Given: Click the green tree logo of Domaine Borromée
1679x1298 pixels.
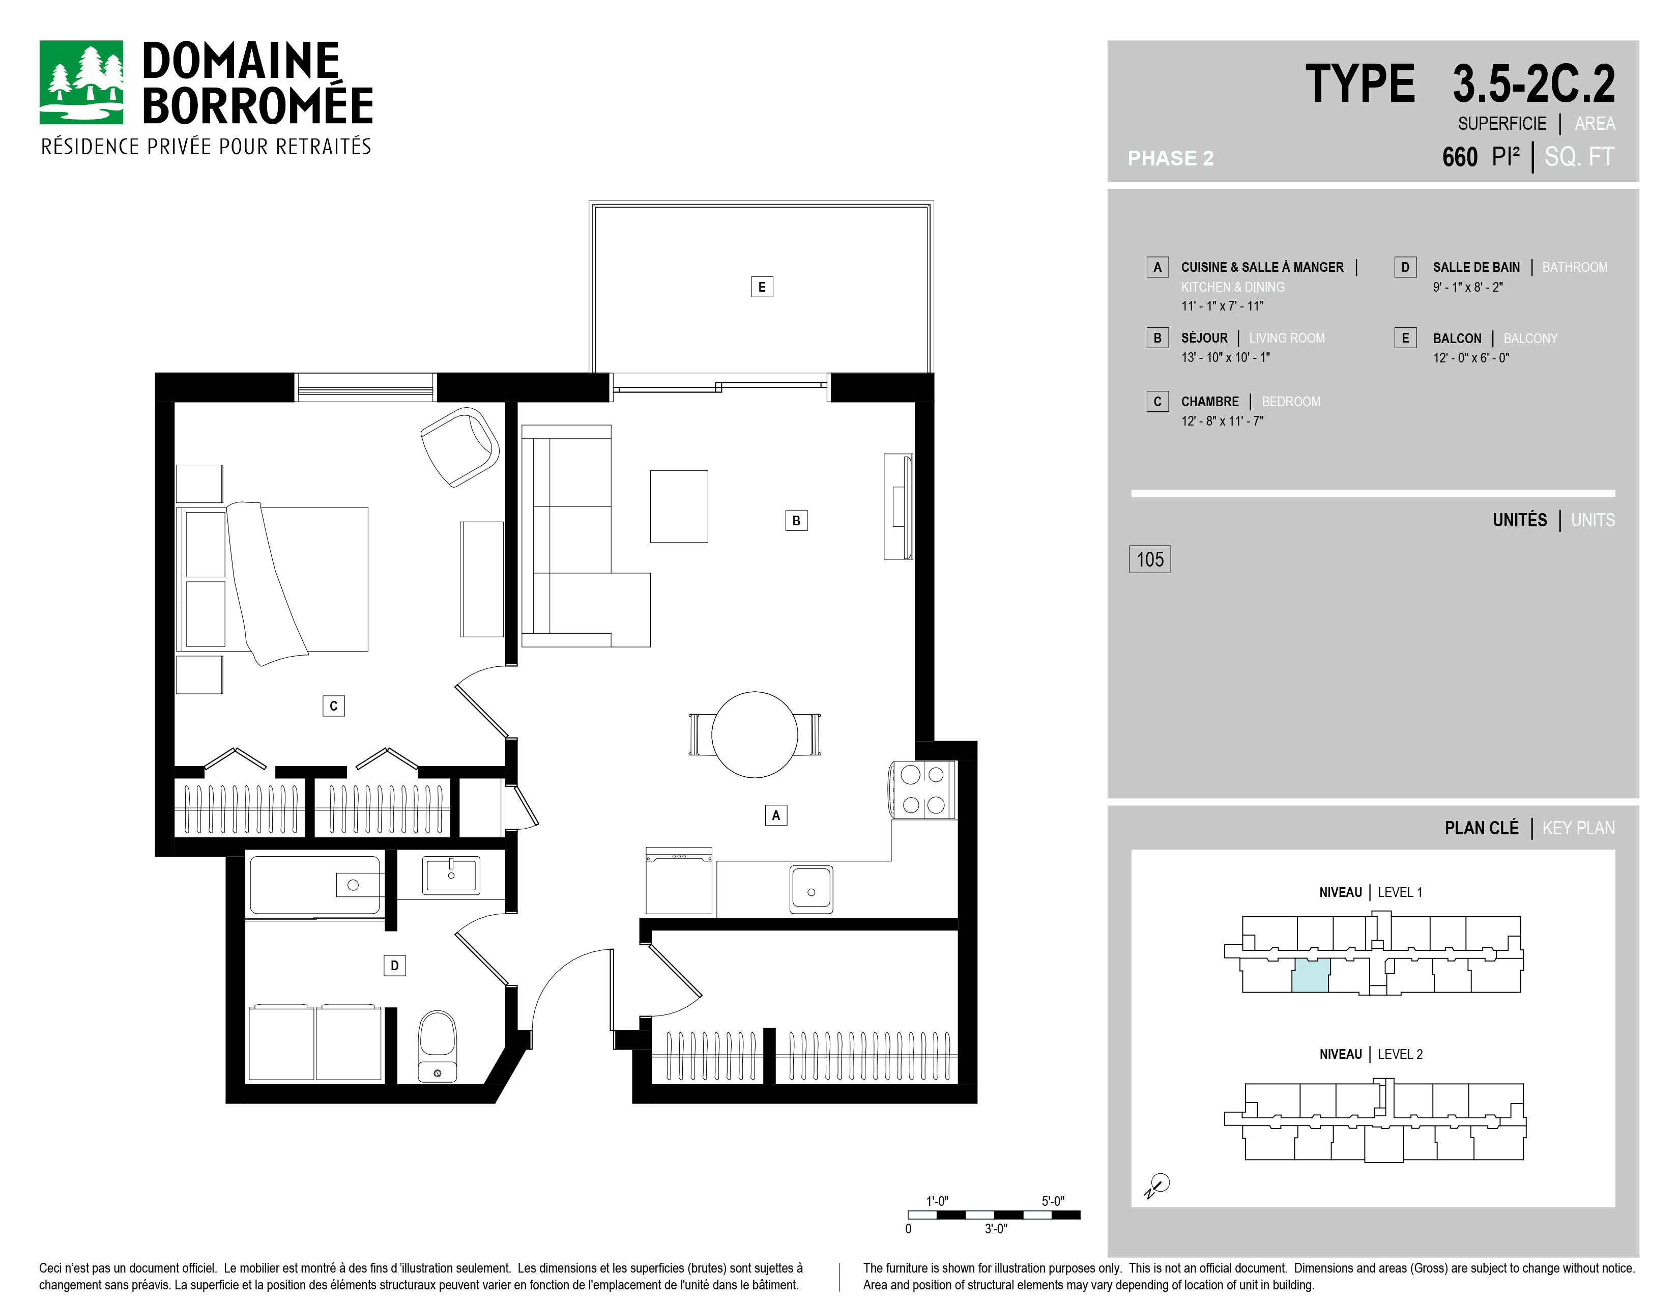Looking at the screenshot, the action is [x=81, y=82].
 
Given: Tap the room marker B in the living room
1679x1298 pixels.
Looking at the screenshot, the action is [x=796, y=521].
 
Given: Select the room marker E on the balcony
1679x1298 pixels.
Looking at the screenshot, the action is [x=761, y=287].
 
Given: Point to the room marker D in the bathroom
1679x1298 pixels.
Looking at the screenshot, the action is [x=394, y=965].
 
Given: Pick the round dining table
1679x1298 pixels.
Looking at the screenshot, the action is [x=754, y=735].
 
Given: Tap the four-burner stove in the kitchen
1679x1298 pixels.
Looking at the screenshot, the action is [x=922, y=789].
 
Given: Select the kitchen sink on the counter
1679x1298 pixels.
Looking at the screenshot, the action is [x=811, y=890].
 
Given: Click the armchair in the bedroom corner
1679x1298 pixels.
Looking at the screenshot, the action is [x=460, y=446].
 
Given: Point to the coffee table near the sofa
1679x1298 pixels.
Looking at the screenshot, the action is [x=679, y=507].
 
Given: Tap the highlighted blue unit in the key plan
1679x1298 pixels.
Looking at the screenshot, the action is [x=1310, y=975].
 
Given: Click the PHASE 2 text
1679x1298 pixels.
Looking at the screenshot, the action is [x=1170, y=158].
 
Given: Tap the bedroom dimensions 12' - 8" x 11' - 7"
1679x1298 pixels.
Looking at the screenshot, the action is [x=1222, y=420].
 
